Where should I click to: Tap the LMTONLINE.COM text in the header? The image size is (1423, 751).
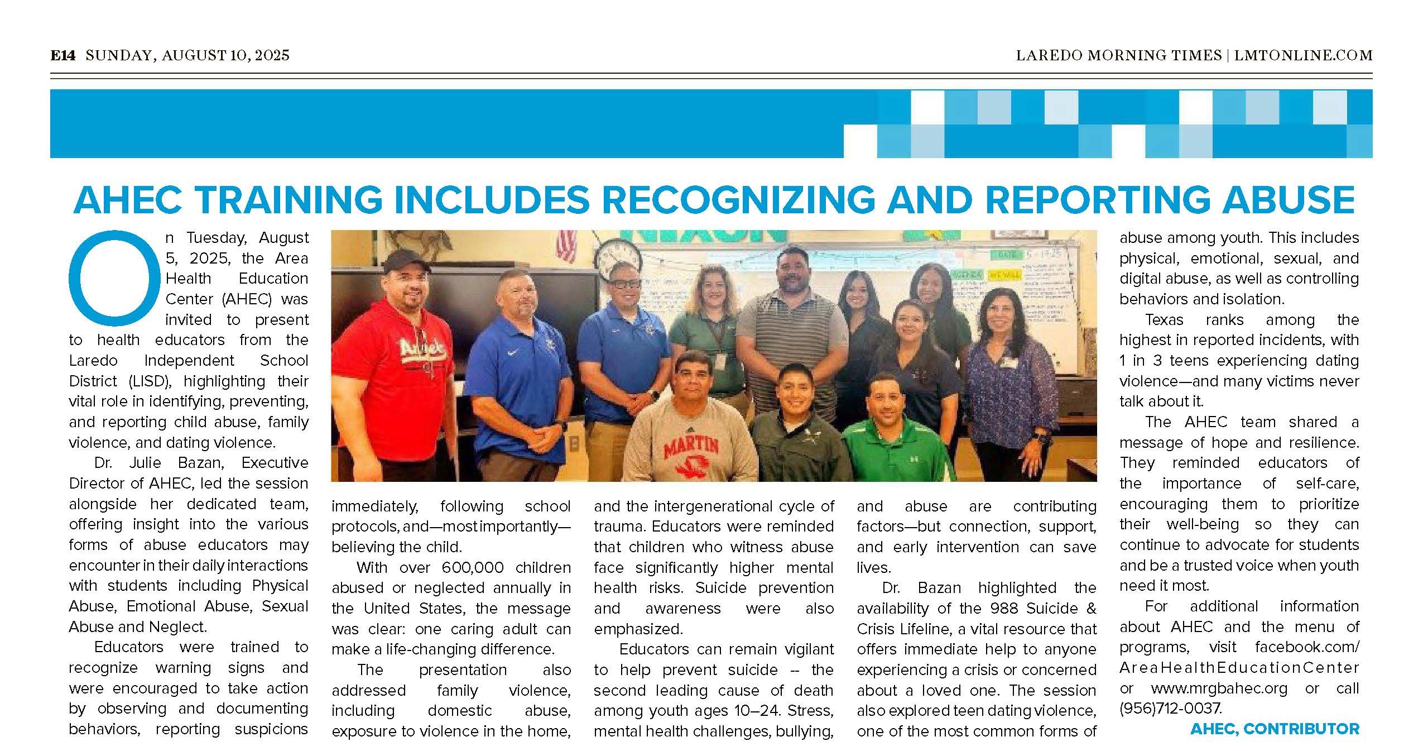coord(1301,55)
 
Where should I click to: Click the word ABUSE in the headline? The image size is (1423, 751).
coord(1289,200)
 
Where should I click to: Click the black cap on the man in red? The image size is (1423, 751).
coord(406,261)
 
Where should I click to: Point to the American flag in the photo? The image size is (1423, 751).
coord(566,246)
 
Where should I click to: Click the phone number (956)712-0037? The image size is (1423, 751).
coord(1170,709)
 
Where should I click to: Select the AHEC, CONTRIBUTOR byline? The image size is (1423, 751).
coord(1275,729)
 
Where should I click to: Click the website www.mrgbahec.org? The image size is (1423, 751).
coord(1219,688)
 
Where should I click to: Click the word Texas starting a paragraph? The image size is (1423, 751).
coord(1164,320)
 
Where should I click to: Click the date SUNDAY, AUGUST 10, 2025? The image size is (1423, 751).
coord(188,55)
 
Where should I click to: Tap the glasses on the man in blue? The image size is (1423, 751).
coord(624,284)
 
